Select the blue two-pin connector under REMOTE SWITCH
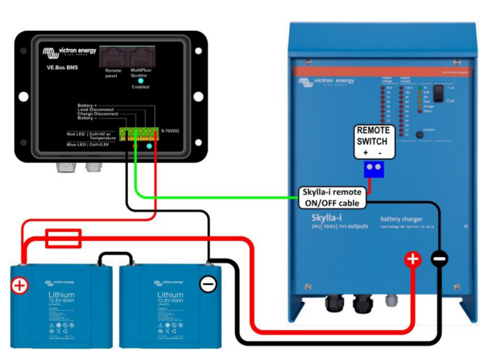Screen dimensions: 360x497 (375, 168)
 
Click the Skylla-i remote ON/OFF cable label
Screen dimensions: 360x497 (333, 199)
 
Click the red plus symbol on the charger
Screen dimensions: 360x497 (412, 259)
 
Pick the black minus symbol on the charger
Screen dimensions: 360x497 (439, 259)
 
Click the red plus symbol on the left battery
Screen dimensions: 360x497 (19, 285)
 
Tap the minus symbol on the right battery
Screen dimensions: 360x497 (207, 284)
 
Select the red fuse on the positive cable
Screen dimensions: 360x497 (62, 237)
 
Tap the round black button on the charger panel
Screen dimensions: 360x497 (420, 135)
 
